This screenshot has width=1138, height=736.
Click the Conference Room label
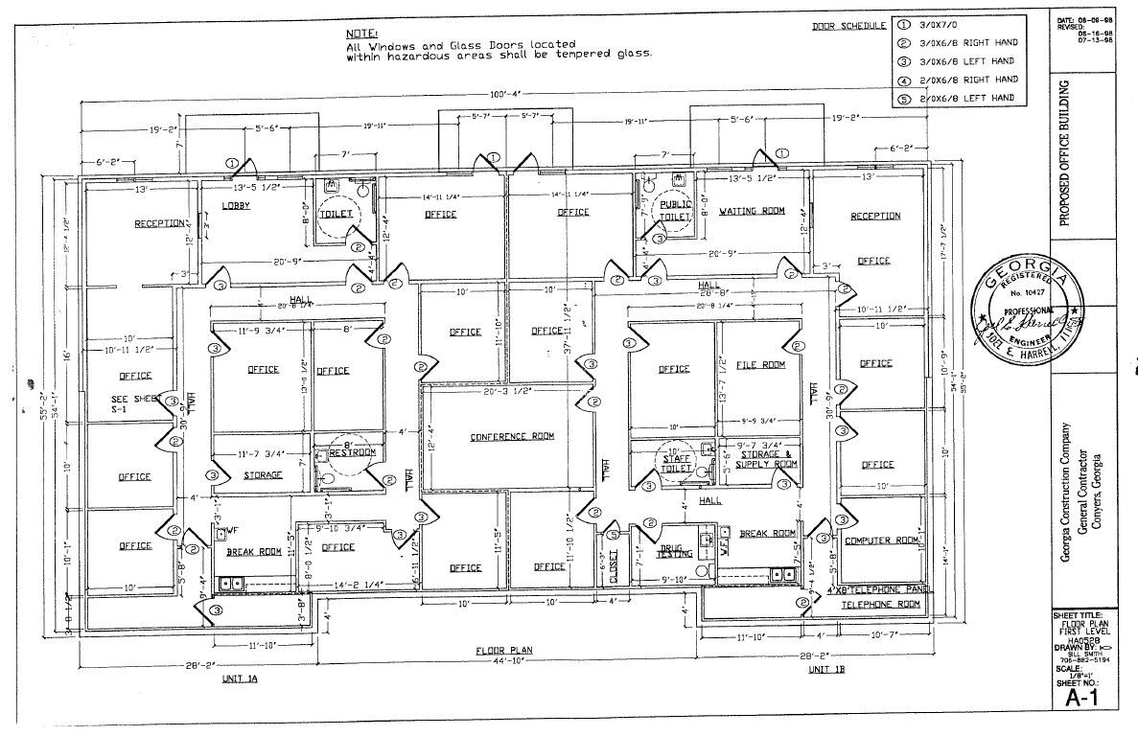(512, 437)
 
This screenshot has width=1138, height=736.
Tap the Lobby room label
(236, 207)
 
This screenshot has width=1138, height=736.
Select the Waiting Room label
(752, 211)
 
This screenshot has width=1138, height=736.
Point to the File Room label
(760, 365)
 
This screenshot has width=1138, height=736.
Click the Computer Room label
(881, 540)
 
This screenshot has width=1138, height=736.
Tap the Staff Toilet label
(677, 464)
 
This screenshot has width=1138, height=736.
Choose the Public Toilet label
(674, 212)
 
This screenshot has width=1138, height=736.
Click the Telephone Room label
(880, 605)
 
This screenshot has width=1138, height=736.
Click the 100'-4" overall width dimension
(503, 95)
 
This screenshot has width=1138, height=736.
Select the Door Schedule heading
(848, 25)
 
